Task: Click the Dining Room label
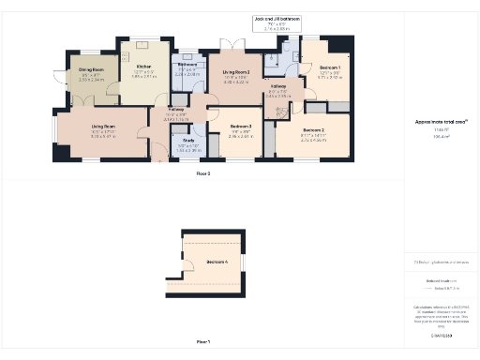pyautogui.click(x=91, y=70)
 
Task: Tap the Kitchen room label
pyautogui.click(x=143, y=67)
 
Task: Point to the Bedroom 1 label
pyautogui.click(x=330, y=68)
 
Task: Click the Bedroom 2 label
pyautogui.click(x=314, y=129)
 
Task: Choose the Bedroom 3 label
pyautogui.click(x=242, y=126)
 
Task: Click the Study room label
pyautogui.click(x=188, y=140)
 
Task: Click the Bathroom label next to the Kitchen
pyautogui.click(x=187, y=64)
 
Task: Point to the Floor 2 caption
pyautogui.click(x=203, y=173)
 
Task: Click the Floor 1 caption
pyautogui.click(x=203, y=341)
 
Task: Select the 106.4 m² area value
pyautogui.click(x=436, y=137)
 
